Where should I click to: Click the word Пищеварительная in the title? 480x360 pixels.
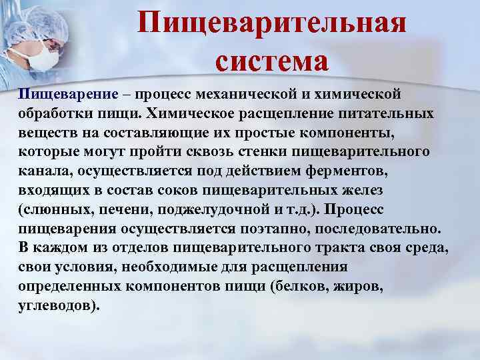pos(272,24)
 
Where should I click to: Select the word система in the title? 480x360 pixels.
pos(272,61)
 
